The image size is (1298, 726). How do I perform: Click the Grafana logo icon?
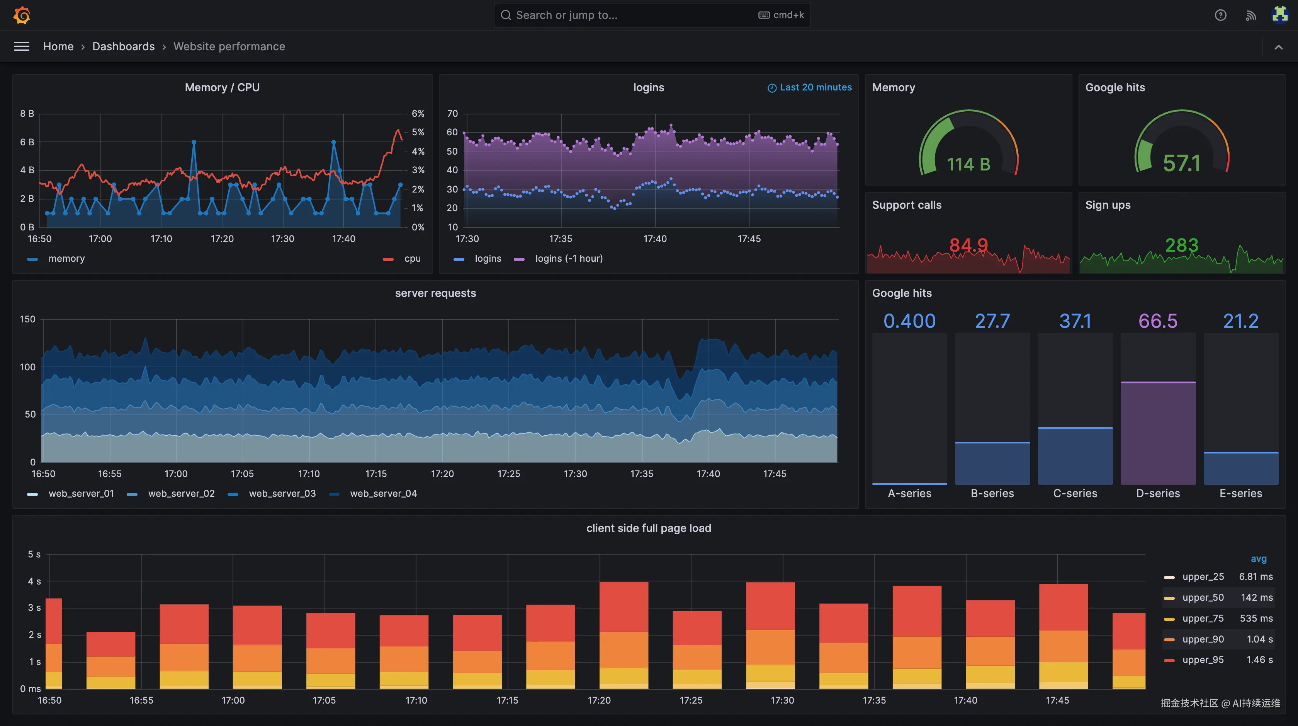(x=22, y=15)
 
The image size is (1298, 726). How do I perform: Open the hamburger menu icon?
(x=21, y=46)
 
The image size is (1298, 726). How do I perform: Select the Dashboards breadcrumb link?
(x=124, y=46)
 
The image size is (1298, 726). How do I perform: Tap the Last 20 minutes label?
(x=815, y=87)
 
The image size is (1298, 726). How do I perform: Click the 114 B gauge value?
(x=968, y=164)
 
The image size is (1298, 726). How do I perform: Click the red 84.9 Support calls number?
(x=968, y=245)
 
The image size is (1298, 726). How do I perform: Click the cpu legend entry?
(x=412, y=259)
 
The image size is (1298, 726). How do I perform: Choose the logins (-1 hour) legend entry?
(x=568, y=259)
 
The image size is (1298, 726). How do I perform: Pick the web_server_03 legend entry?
(x=282, y=494)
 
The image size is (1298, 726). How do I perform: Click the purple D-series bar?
(x=1157, y=434)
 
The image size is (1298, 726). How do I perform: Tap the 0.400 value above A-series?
(x=909, y=321)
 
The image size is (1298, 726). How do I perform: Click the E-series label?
(x=1240, y=494)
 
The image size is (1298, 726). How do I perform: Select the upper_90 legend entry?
(x=1203, y=639)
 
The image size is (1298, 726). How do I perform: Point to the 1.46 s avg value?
(x=1259, y=660)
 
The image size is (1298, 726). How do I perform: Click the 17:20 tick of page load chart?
(x=599, y=700)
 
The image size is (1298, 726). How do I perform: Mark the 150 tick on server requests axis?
(x=28, y=319)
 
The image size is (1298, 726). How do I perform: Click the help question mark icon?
(x=1220, y=15)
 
